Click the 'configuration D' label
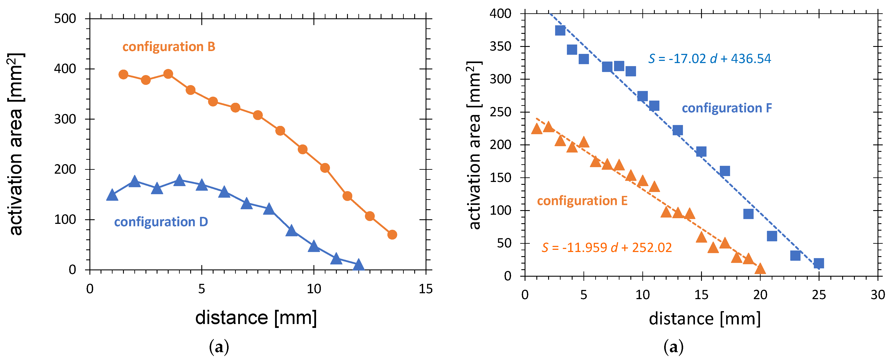tap(161, 222)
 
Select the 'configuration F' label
tap(727, 108)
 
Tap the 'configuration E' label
tap(582, 201)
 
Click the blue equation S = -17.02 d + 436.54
tap(709, 59)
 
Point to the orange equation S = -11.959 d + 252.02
tap(606, 248)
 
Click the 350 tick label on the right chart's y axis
tap(500, 46)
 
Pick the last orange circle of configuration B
tap(392, 235)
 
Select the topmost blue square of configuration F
tap(560, 31)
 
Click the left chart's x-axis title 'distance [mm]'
tap(256, 318)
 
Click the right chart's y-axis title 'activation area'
tap(474, 146)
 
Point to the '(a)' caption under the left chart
tap(219, 347)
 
